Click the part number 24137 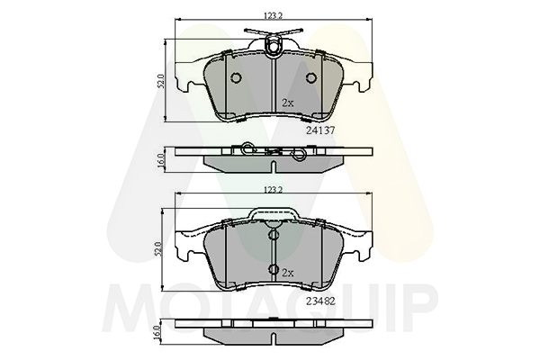[320, 130]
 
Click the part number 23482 [320, 301]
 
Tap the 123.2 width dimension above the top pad [273, 15]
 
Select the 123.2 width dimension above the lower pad [273, 190]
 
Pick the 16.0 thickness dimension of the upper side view [160, 160]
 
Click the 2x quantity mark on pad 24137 [288, 103]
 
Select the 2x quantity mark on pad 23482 [288, 273]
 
